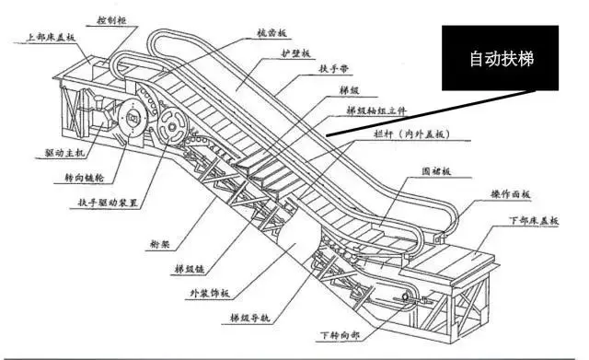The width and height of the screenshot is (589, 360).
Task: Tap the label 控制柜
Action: click(x=111, y=17)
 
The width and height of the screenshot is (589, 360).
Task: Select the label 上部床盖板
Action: click(x=50, y=38)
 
